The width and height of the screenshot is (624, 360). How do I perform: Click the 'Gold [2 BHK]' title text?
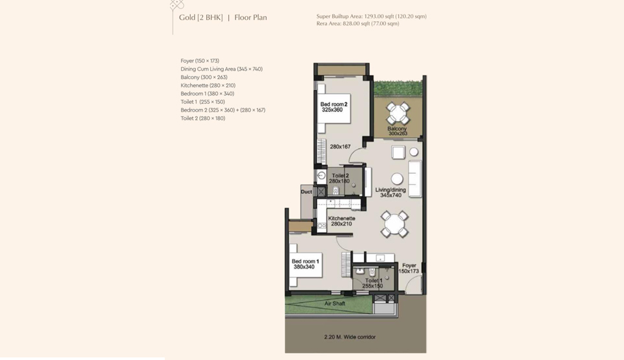click(x=200, y=18)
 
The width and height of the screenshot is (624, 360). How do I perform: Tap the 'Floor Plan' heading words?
click(x=251, y=18)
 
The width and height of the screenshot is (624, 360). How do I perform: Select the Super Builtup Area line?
click(x=371, y=16)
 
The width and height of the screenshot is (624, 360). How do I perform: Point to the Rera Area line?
click(x=358, y=23)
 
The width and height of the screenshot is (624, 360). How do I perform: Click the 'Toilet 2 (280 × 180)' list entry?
click(x=203, y=118)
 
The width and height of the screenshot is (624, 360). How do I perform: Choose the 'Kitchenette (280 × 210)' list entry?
click(x=208, y=86)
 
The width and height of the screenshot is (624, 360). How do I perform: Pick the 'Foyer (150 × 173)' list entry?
click(x=200, y=61)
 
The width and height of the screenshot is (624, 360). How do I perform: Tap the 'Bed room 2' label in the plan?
click(x=334, y=104)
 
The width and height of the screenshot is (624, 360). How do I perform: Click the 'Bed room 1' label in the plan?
click(x=306, y=261)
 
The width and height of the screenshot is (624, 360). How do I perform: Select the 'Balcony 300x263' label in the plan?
click(x=397, y=131)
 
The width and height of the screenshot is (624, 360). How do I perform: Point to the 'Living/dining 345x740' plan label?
click(x=390, y=193)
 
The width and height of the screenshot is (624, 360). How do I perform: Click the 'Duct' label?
click(x=306, y=192)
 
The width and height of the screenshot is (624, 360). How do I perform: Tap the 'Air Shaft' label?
click(x=335, y=304)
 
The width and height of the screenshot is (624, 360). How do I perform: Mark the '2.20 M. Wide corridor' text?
click(x=350, y=337)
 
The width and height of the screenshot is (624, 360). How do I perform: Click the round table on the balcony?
click(x=397, y=113)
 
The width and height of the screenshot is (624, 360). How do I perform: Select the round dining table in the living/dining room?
click(x=394, y=224)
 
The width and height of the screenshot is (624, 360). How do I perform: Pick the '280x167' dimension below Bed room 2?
click(x=341, y=147)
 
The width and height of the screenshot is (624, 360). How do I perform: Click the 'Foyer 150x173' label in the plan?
click(x=409, y=268)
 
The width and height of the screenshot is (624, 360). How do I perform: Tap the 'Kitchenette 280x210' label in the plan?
click(x=341, y=221)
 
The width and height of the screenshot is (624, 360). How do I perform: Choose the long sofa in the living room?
click(x=414, y=178)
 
